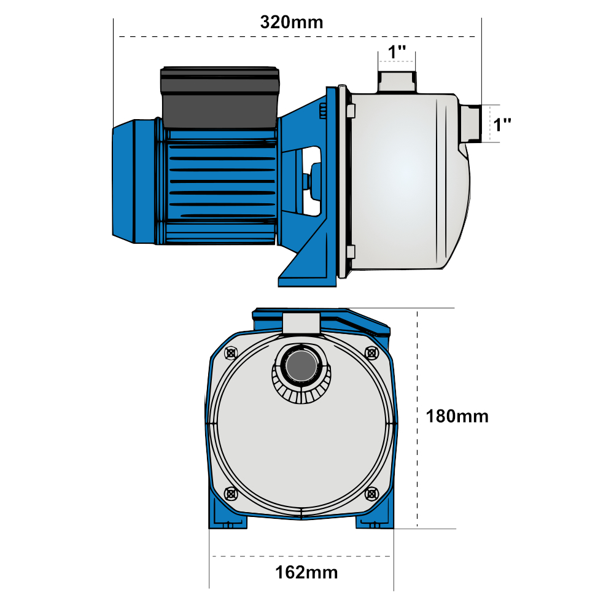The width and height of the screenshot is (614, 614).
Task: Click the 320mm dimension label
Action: point(291,23)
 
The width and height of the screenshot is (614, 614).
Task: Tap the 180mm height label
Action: point(457,416)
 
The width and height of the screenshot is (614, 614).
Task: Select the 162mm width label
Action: point(306,573)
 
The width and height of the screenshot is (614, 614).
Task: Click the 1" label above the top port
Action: point(397,52)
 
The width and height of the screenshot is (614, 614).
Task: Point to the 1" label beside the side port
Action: point(503,125)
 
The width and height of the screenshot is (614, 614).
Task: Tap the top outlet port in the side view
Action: point(397,82)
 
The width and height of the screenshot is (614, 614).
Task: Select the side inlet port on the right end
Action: point(470,123)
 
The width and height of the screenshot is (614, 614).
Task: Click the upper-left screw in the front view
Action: point(231,353)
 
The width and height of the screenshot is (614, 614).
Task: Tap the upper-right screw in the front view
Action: point(371,353)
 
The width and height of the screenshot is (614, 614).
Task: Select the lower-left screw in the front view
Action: point(231,493)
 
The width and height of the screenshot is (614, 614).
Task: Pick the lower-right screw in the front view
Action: point(371,493)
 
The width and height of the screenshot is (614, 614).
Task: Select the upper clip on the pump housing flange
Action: point(351,111)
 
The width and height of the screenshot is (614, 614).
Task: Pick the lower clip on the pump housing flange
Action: point(351,252)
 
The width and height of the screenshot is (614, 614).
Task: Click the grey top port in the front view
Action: point(301,323)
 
